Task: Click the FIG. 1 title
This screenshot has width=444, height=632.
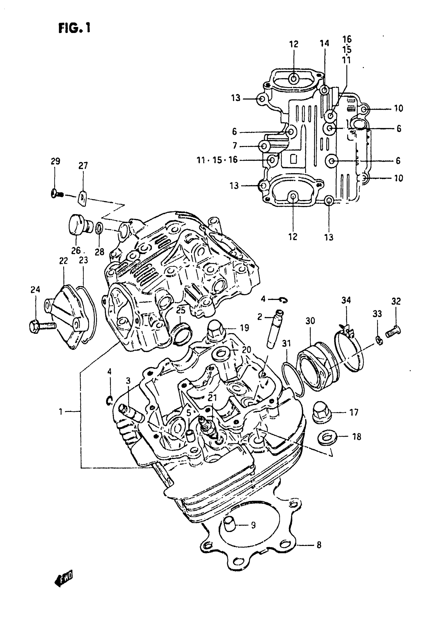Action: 74,28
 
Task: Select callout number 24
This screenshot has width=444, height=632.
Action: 35,290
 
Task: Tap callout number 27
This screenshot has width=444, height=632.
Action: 83,166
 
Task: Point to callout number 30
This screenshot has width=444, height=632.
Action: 310,321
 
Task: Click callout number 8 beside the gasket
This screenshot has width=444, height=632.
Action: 319,545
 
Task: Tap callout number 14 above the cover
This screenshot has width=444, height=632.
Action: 324,43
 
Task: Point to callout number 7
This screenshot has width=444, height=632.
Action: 235,146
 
